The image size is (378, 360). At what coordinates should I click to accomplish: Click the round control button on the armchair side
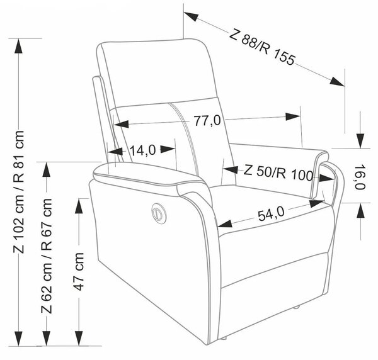[159, 213]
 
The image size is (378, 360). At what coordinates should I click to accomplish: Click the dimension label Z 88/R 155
[262, 47]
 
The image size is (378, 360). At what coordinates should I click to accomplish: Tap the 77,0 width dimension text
[207, 120]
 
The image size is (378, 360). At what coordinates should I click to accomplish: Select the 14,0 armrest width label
[143, 150]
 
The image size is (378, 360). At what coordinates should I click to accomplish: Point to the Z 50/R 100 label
[278, 172]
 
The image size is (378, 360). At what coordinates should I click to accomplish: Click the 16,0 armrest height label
[360, 177]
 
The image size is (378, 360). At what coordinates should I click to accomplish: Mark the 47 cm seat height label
[79, 271]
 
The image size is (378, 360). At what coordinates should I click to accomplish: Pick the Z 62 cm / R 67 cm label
[47, 256]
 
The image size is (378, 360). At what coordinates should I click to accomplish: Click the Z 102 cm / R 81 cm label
[19, 192]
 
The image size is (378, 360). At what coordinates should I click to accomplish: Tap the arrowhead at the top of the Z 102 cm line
[18, 46]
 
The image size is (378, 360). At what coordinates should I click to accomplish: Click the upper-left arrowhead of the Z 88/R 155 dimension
[191, 16]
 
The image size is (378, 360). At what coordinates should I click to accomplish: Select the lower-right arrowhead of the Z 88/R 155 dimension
[337, 81]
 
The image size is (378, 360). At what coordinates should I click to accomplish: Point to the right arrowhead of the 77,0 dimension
[293, 116]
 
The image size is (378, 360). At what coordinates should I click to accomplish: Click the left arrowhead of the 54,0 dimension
[225, 223]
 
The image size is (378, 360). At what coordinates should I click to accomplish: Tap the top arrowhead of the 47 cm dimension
[79, 206]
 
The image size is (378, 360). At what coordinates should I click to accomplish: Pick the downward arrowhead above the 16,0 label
[360, 141]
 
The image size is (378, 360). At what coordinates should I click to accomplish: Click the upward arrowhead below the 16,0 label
[360, 210]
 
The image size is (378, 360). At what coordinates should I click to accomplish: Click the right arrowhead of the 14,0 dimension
[168, 149]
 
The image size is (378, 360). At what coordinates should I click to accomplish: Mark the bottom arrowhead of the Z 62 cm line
[46, 339]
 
